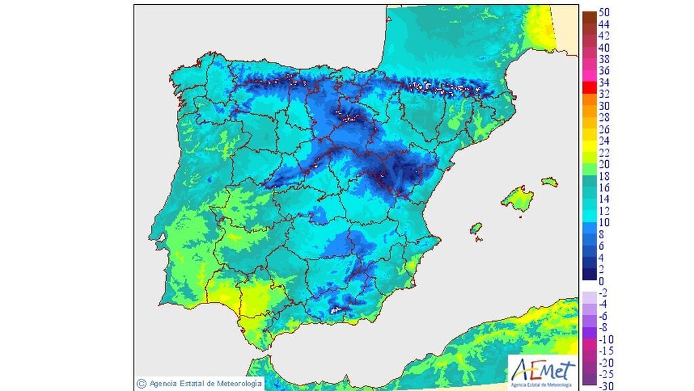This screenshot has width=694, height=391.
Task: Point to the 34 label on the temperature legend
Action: tap(605, 83)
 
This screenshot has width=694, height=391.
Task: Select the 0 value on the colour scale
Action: tap(602, 280)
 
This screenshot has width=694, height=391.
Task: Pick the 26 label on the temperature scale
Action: tap(605, 129)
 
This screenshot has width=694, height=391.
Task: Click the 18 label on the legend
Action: tap(605, 176)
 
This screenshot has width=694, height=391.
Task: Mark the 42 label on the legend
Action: tap(605, 36)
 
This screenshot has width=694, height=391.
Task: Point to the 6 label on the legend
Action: tap(602, 246)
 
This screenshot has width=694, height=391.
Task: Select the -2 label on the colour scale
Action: tap(604, 293)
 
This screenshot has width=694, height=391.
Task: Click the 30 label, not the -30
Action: tap(605, 106)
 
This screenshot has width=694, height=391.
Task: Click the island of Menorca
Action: tap(550, 182)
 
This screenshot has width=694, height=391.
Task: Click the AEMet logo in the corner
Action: tap(543, 373)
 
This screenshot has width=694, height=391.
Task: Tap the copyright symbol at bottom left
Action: tap(141, 384)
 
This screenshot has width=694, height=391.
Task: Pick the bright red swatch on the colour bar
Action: tap(588, 88)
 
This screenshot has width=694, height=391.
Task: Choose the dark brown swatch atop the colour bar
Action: tap(588, 16)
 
